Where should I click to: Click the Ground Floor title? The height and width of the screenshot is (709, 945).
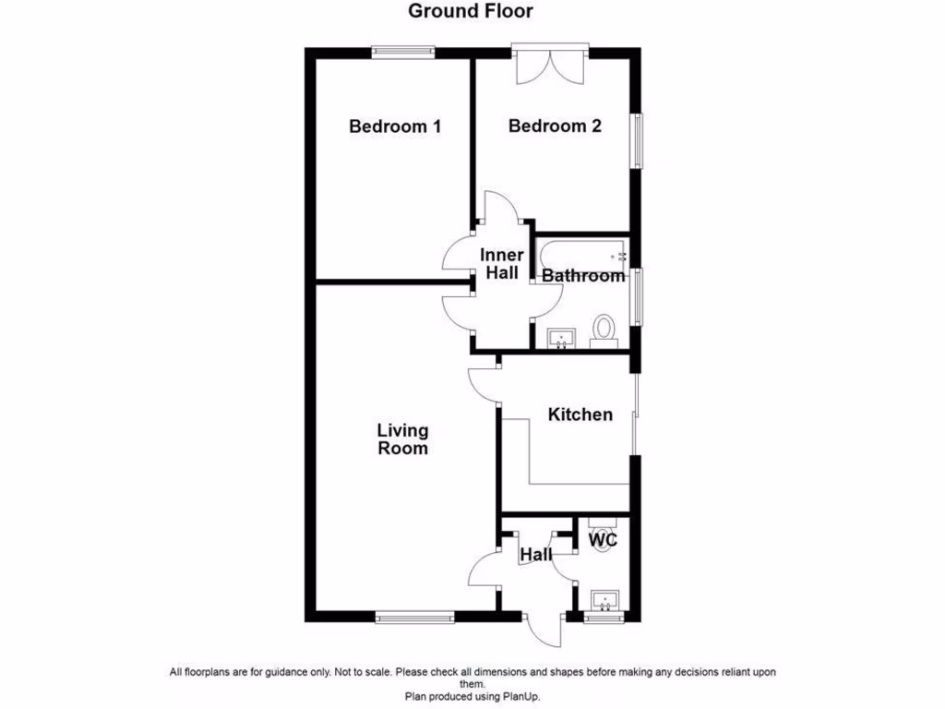click(x=471, y=11)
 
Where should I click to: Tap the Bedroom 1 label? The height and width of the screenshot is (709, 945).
click(x=394, y=126)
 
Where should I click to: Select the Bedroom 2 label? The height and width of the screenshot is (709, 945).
click(x=555, y=126)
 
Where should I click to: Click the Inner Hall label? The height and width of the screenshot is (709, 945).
click(x=502, y=264)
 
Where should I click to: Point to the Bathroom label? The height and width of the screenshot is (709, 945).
click(x=582, y=275)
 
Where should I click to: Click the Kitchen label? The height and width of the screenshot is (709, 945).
click(x=580, y=415)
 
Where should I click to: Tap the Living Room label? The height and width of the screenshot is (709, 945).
click(x=402, y=439)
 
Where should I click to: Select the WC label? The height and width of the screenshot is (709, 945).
click(x=603, y=539)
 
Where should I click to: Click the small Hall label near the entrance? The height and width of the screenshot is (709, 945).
click(x=535, y=555)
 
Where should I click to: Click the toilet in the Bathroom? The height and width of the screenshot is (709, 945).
click(x=604, y=330)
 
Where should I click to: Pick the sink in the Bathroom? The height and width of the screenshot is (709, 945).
click(x=561, y=338)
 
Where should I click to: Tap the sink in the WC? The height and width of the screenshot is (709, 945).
click(x=605, y=601)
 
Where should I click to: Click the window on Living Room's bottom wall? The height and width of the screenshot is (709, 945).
click(x=413, y=617)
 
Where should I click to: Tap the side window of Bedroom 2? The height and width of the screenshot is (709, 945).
click(x=636, y=140)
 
